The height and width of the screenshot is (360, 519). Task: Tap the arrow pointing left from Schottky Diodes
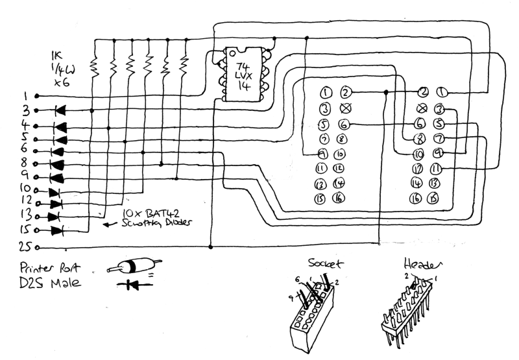[111, 226]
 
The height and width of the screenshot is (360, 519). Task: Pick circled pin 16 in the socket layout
[338, 198]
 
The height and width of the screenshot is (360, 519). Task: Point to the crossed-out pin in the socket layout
[345, 108]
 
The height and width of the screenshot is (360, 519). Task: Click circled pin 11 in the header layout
[436, 169]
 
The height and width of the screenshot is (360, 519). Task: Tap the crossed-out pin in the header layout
[422, 108]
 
